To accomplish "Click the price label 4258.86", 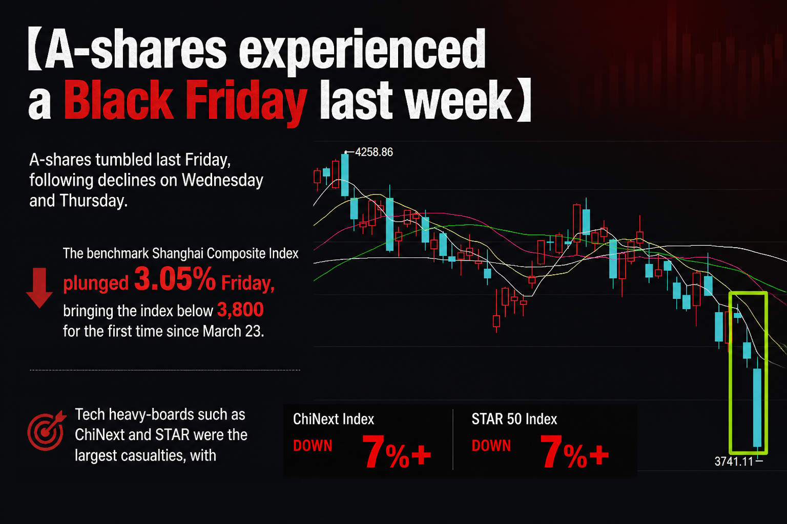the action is coord(374,152).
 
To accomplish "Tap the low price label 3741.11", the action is coord(734,461).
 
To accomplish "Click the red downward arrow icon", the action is coord(39,288).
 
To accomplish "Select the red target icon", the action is coord(47,430).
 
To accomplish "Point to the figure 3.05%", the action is coord(175,279).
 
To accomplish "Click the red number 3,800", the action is coord(240,310).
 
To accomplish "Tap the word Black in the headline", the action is coord(118,100).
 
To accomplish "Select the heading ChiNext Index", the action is coord(334,419).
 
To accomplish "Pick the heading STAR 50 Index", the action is coord(514,419).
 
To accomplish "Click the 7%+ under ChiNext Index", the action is coord(396,451).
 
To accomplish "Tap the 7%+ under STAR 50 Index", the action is coord(574,451).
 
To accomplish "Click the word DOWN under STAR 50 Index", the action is coord(491,446).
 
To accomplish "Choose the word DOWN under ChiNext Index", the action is coord(313,446).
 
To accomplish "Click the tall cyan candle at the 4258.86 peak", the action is coord(345,175).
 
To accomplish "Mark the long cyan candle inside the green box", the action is coord(757,407).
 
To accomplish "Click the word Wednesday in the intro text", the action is coord(222,181).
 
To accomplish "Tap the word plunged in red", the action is coord(96,283).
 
